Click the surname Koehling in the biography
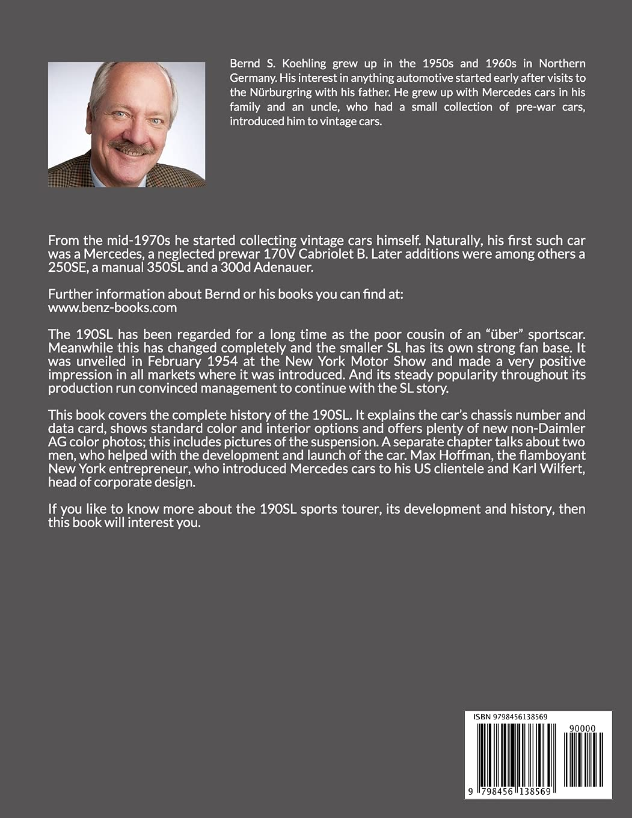click(296, 63)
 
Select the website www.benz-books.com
click(112, 307)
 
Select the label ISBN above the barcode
click(482, 716)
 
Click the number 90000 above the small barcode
click(581, 728)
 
